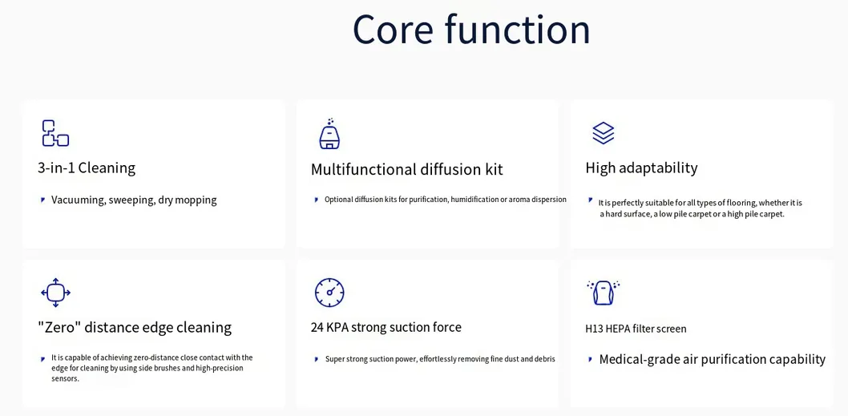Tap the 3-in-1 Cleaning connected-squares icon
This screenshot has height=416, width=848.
point(55,133)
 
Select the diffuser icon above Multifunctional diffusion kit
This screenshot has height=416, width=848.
point(329,134)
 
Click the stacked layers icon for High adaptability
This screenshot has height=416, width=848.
point(603,133)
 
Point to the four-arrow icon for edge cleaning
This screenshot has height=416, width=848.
point(55,293)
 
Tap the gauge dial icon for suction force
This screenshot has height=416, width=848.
point(329,293)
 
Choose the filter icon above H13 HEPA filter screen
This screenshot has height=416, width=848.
point(603,292)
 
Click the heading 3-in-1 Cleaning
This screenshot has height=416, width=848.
point(87,168)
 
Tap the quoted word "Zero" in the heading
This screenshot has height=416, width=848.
point(59,327)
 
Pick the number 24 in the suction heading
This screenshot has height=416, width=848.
point(317,327)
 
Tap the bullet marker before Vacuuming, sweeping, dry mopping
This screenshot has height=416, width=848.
point(42,200)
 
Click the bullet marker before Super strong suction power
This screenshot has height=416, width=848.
point(317,359)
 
